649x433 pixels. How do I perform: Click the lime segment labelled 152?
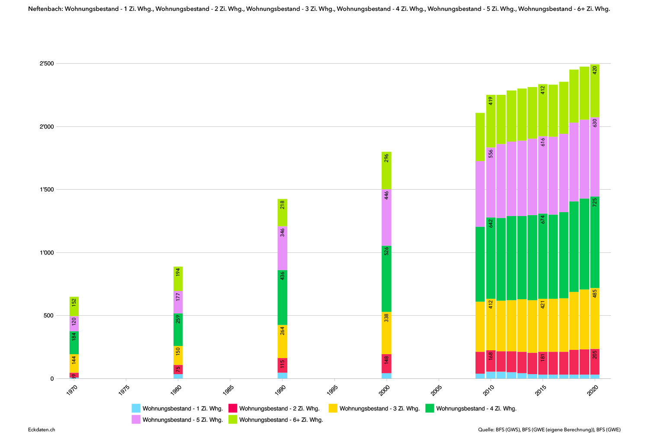click(74, 306)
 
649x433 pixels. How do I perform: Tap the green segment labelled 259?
click(178, 330)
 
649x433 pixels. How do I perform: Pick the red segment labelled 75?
click(178, 369)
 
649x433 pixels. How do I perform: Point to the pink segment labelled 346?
click(283, 248)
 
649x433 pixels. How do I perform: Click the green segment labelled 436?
click(283, 297)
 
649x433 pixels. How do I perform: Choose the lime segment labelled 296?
click(386, 171)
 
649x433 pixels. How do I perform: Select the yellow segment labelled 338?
click(386, 333)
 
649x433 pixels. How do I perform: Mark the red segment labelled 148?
click(386, 364)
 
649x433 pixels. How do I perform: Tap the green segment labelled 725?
click(595, 242)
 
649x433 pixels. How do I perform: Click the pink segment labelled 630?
click(595, 157)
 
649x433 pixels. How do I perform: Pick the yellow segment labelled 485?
click(595, 319)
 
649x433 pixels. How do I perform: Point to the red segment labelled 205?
click(595, 362)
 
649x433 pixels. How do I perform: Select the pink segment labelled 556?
click(491, 182)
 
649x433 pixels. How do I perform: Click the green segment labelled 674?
click(543, 256)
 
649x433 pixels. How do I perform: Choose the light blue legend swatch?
click(136, 408)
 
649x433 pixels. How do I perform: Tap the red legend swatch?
click(233, 408)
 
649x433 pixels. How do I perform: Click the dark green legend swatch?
click(430, 408)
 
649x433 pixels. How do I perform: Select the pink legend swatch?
click(136, 419)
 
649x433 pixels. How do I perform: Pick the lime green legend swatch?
click(233, 419)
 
